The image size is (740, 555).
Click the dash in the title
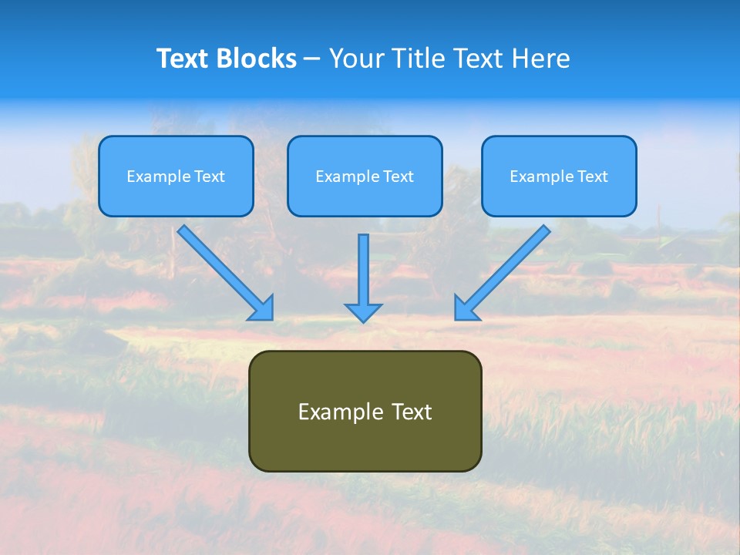(x=312, y=59)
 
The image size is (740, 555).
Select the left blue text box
(x=176, y=176)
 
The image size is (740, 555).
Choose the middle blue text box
(x=365, y=176)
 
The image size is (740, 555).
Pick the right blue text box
(x=559, y=176)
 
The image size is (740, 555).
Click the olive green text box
(x=365, y=411)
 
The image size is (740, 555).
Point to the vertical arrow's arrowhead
(x=363, y=313)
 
